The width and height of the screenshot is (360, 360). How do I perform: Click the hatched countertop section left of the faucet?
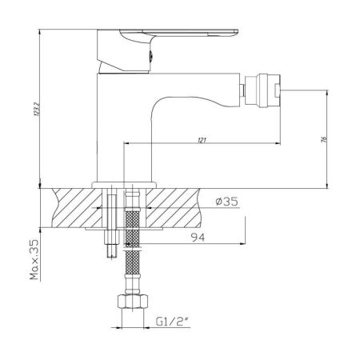pos(72,208)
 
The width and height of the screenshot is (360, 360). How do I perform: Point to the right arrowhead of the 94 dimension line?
pos(241,244)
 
